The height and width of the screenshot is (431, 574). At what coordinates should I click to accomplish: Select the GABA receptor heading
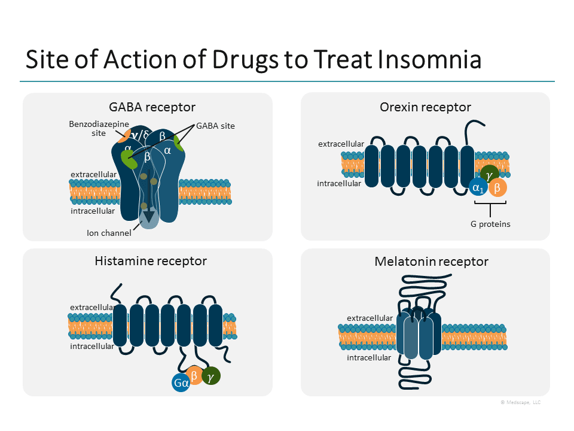pyautogui.click(x=152, y=107)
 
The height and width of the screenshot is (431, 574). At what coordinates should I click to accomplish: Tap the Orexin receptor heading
pyautogui.click(x=425, y=107)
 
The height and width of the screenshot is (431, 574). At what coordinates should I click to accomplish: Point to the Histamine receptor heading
pyautogui.click(x=151, y=261)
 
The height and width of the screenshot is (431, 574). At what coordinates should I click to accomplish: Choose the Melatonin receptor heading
pyautogui.click(x=431, y=262)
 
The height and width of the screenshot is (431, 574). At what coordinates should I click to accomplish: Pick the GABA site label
pyautogui.click(x=216, y=126)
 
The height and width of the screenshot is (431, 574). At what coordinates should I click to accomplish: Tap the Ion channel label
pyautogui.click(x=109, y=233)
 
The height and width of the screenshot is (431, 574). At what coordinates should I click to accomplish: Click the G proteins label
pyautogui.click(x=490, y=224)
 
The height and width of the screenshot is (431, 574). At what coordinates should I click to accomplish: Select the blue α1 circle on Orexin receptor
pyautogui.click(x=478, y=187)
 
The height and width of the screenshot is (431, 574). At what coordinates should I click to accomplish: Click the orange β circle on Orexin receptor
pyautogui.click(x=497, y=188)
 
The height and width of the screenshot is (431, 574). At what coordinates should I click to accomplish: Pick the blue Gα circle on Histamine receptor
pyautogui.click(x=181, y=383)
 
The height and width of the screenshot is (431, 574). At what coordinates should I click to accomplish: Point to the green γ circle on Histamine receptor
pyautogui.click(x=211, y=376)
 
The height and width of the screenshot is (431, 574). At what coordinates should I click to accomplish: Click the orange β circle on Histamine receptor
pyautogui.click(x=194, y=375)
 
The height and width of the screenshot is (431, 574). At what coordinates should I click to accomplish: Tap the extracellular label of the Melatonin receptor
pyautogui.click(x=370, y=318)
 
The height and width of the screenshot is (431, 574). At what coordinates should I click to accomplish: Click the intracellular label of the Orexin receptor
pyautogui.click(x=339, y=183)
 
